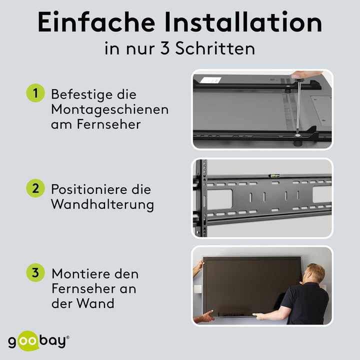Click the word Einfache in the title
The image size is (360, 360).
(x=96, y=22)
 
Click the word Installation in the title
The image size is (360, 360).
(x=243, y=22)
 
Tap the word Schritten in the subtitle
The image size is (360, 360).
(x=215, y=48)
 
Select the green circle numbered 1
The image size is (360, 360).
(x=35, y=93)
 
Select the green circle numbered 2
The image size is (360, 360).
(x=35, y=188)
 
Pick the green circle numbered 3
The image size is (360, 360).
(x=35, y=272)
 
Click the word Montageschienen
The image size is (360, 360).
(x=109, y=110)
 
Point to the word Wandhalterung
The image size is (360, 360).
(x=102, y=204)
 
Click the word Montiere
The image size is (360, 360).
(x=80, y=274)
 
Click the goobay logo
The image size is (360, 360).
(x=38, y=341)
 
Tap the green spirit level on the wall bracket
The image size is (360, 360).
(x=274, y=176)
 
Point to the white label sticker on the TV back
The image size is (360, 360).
(x=210, y=80)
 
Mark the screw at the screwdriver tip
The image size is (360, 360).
(x=297, y=135)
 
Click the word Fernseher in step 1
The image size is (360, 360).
(x=108, y=124)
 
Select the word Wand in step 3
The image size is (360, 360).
(x=95, y=303)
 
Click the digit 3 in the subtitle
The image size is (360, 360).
(x=165, y=48)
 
